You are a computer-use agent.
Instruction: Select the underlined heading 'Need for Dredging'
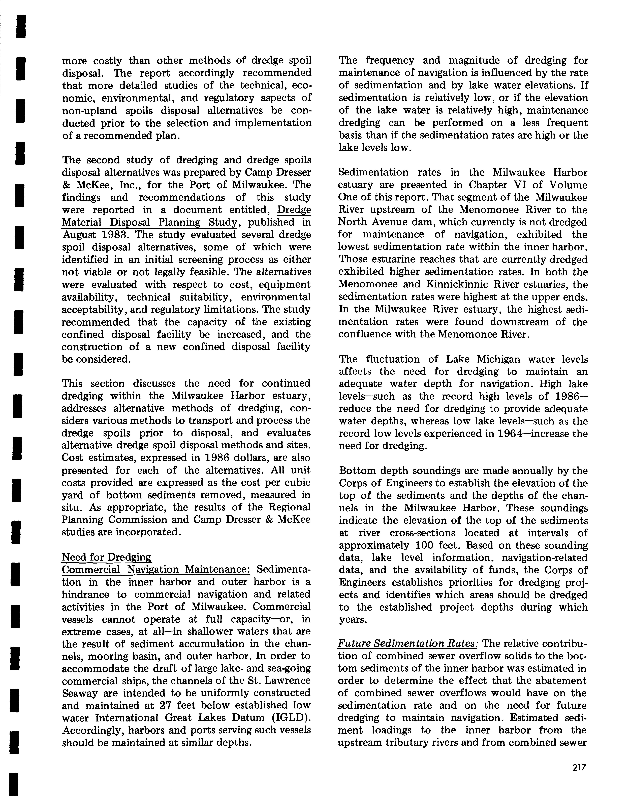[106, 557]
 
